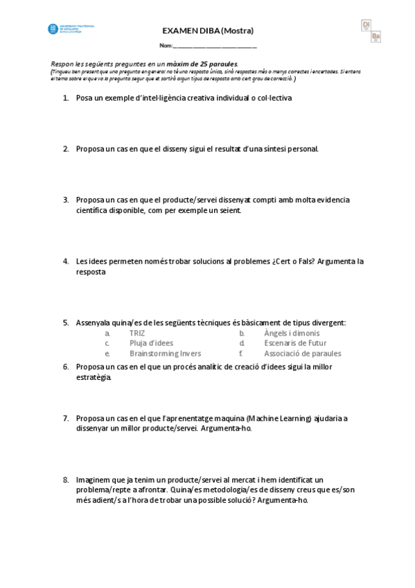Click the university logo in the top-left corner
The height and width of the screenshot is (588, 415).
point(70,29)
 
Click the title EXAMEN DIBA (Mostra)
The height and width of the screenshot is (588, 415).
point(207,31)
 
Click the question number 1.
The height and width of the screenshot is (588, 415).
point(65,98)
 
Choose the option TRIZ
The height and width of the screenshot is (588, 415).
point(137,333)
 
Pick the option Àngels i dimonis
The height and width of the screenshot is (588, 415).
point(292,333)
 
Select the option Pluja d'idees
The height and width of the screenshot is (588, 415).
point(151,343)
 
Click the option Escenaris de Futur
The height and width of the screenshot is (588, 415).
point(295,343)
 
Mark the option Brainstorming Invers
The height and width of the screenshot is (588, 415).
point(165,353)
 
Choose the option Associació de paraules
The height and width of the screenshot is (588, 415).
point(302,353)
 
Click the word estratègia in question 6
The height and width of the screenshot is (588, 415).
point(93,378)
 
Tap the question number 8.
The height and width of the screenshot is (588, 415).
point(65,480)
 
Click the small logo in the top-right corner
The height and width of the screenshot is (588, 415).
point(371,31)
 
